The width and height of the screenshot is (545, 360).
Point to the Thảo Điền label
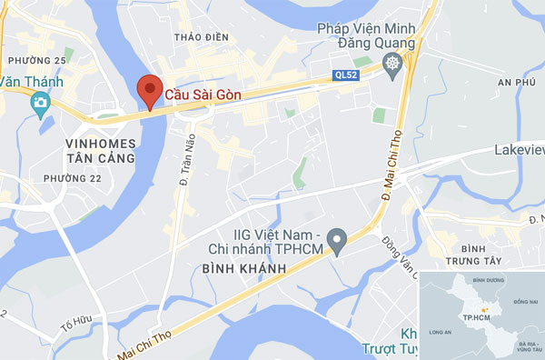[199, 37]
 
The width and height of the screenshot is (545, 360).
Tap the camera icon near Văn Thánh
[40, 103]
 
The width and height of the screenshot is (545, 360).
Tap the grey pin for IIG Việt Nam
[337, 241]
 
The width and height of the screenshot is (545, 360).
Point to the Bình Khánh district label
[240, 269]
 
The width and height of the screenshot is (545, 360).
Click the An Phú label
[518, 82]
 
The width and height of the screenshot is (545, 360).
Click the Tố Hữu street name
[77, 325]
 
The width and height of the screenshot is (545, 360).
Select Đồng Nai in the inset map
[525, 301]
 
